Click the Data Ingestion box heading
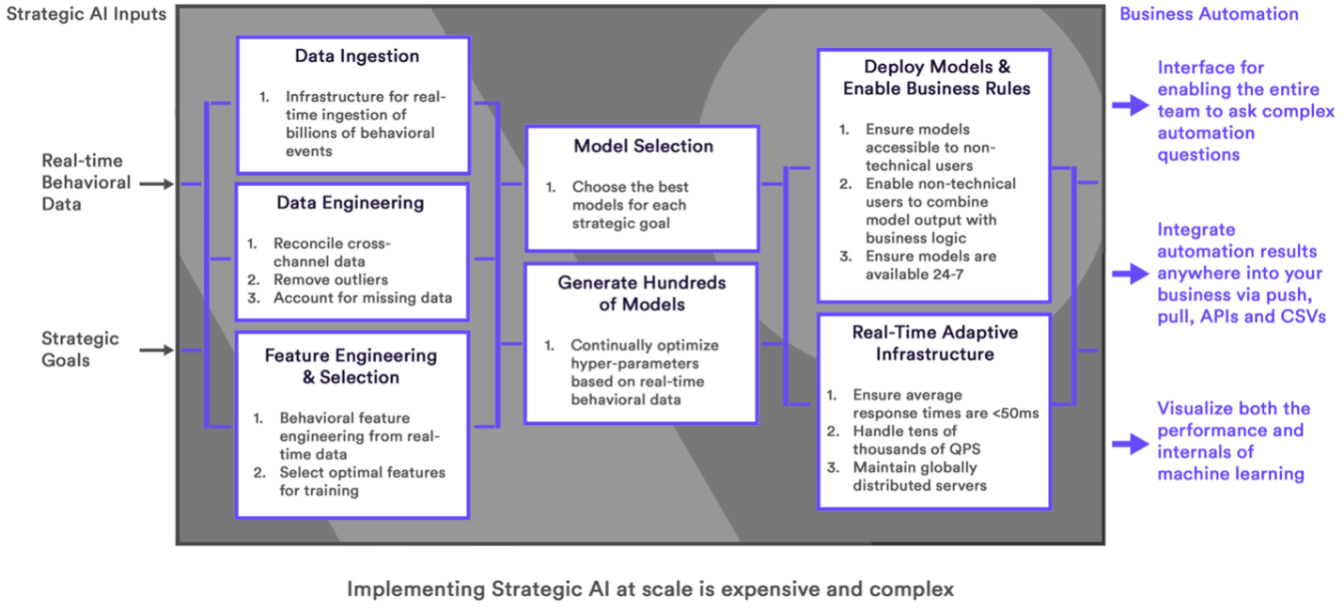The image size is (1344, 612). click(356, 56)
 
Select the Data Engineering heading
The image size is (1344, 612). click(351, 203)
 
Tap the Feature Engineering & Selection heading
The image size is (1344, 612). click(351, 367)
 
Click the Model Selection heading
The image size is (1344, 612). click(643, 147)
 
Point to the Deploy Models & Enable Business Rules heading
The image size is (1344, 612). click(936, 78)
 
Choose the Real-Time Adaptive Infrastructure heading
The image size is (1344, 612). click(934, 343)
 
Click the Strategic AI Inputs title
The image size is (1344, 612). click(86, 13)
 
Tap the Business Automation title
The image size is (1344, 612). click(1209, 14)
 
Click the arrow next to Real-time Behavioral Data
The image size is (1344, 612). click(157, 184)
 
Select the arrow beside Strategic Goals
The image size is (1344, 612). click(157, 351)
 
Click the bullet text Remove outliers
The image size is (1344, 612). click(331, 279)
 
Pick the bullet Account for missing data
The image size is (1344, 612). click(363, 298)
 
